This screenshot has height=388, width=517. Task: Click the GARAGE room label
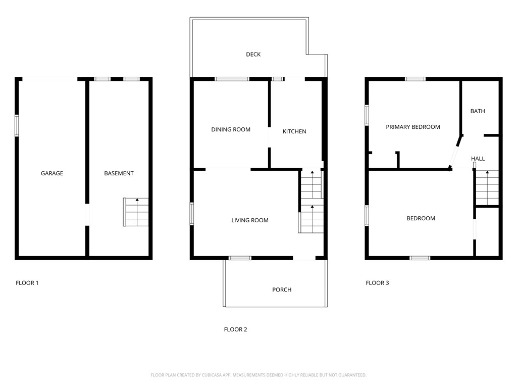tap(52, 173)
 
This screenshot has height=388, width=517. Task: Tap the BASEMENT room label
tap(119, 173)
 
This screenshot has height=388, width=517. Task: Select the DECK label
tap(253, 55)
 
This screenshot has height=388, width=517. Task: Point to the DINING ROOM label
tap(231, 129)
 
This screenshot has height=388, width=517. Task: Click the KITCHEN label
tap(294, 131)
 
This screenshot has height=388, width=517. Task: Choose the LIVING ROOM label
tap(250, 220)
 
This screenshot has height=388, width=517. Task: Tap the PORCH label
tap(282, 290)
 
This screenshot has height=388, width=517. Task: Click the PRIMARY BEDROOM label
tap(412, 127)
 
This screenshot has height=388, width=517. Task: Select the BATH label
tap(478, 111)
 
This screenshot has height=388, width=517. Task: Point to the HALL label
tap(478, 159)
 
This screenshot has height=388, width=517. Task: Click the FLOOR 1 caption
tap(27, 283)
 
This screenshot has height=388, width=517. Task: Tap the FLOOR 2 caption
tap(235, 329)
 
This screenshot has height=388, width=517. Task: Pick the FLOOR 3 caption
tap(377, 283)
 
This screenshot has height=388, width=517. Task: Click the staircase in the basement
tap(136, 212)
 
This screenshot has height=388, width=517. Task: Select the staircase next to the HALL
tap(487, 188)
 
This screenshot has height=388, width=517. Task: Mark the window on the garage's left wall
tap(17, 125)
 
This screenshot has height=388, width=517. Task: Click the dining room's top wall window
tap(232, 79)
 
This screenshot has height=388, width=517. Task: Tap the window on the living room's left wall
tap(192, 213)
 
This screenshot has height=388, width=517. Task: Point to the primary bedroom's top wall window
tap(415, 79)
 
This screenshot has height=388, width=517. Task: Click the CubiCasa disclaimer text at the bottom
tap(258, 375)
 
